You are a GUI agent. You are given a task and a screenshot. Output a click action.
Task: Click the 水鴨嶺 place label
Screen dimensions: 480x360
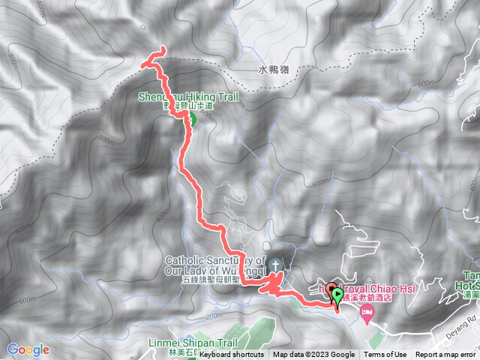pos(273,70)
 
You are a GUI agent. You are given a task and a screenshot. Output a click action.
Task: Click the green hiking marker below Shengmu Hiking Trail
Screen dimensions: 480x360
pos(191,118)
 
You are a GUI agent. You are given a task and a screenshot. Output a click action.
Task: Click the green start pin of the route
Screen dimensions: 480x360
pos(337,296)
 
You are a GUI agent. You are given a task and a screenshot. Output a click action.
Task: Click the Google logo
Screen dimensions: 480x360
pos(28,349)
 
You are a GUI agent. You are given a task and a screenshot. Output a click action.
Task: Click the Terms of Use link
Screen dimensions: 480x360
pos(385,355)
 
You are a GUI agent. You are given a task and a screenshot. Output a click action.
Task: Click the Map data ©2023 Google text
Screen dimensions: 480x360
pos(314,355)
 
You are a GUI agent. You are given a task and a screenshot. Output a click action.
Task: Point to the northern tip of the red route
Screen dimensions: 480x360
pos(162,49)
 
